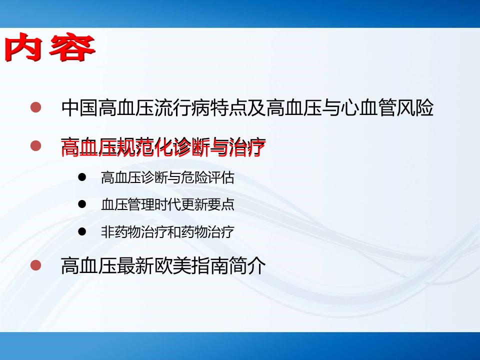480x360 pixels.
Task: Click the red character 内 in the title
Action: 23,47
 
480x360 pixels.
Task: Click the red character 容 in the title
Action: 72,47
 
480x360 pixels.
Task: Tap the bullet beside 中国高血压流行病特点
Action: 36,107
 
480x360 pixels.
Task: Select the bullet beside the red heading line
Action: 36,145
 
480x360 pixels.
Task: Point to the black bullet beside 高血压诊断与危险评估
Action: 82,177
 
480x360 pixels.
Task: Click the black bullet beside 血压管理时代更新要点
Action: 82,204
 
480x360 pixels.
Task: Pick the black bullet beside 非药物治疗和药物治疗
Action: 82,231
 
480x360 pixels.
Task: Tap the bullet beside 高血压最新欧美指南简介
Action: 36,265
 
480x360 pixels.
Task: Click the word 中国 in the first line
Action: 79,108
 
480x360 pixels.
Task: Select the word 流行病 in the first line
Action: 182,108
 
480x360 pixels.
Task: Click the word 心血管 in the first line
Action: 368,108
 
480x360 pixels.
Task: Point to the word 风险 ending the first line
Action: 415,108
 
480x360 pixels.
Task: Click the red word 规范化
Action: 145,147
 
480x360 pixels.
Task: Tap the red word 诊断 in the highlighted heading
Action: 191,147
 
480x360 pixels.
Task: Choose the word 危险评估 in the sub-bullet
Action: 207,177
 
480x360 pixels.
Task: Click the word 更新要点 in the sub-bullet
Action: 207,205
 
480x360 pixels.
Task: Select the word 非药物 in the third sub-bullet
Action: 121,232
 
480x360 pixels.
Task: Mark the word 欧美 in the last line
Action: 172,265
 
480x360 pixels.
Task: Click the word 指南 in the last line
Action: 210,265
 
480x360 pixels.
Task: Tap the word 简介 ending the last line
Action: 247,265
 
